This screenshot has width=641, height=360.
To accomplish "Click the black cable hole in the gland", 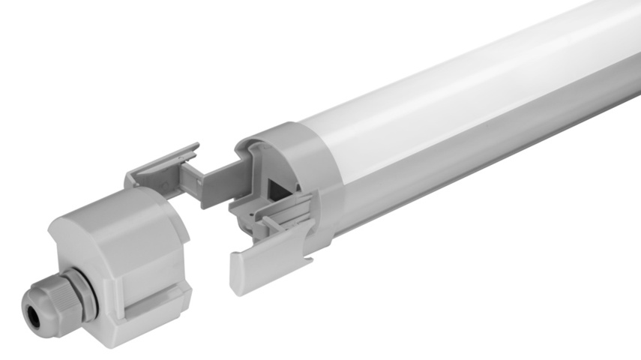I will [32, 304].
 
